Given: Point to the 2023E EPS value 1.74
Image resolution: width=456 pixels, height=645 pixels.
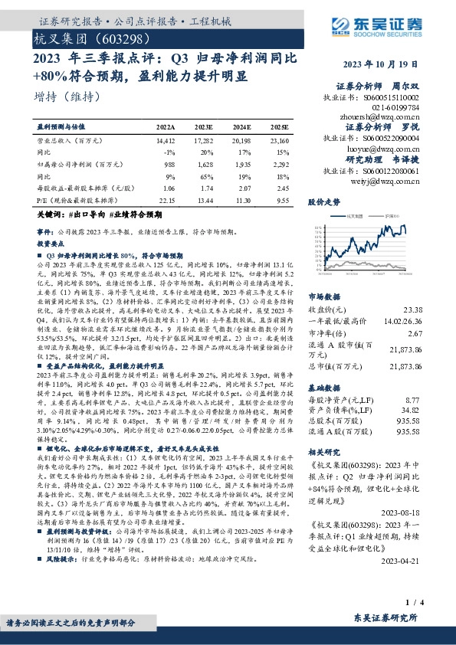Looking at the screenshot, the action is pyautogui.click(x=204, y=187).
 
